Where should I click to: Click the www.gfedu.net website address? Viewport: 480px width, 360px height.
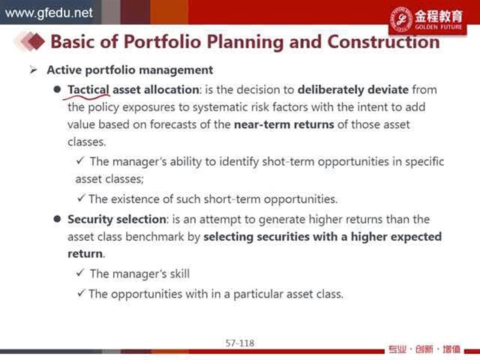(49, 13)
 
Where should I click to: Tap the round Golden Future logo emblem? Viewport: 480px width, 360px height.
(401, 19)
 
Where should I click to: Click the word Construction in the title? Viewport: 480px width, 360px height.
(383, 42)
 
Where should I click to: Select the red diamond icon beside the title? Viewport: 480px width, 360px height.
(35, 41)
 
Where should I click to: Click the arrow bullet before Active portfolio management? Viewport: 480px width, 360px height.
(33, 70)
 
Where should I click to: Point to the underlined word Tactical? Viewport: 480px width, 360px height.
(88, 90)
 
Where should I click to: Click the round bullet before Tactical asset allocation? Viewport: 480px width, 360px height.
(57, 89)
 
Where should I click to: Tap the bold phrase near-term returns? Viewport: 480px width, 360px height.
(283, 124)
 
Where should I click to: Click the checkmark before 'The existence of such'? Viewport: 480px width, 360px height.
(81, 198)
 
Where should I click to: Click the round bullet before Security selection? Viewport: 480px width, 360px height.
(57, 219)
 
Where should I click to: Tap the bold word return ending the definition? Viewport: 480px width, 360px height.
(85, 253)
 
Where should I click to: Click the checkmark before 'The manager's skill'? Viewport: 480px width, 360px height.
(80, 273)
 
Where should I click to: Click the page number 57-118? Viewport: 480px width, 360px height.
(240, 343)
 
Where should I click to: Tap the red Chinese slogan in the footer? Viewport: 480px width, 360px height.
(424, 349)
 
